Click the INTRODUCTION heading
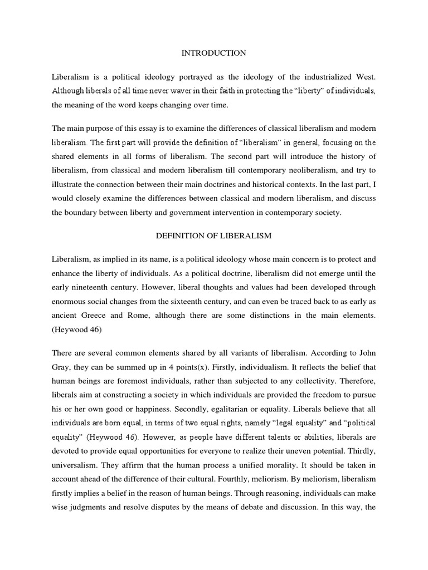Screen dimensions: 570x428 tap(213, 53)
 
